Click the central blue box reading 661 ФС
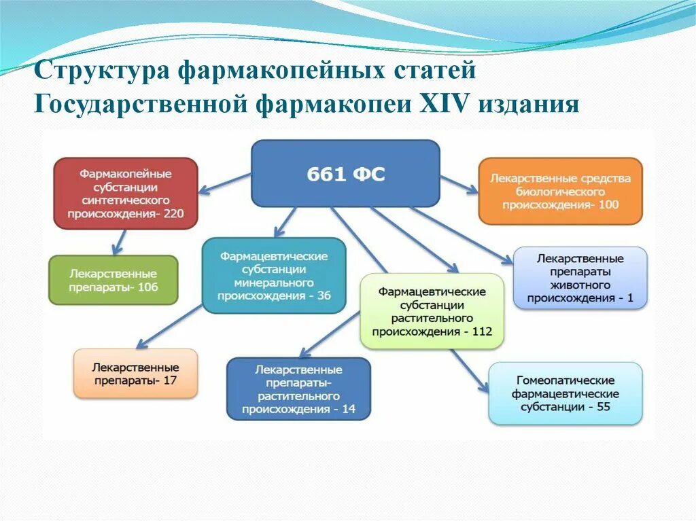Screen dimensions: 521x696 point(345,173)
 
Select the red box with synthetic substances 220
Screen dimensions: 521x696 point(126,193)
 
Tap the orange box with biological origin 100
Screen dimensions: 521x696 point(561,191)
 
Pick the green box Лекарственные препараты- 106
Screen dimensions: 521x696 point(113,280)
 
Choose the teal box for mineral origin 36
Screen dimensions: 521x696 point(274,275)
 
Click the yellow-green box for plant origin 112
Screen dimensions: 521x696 point(432,311)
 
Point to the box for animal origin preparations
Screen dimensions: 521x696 point(580,278)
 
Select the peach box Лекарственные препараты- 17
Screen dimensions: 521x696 point(135,374)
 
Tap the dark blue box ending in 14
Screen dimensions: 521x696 point(298,389)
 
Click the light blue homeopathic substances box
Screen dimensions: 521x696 point(565,393)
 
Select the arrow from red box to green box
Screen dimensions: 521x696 point(118,242)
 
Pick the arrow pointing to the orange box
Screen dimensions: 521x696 point(459,184)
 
